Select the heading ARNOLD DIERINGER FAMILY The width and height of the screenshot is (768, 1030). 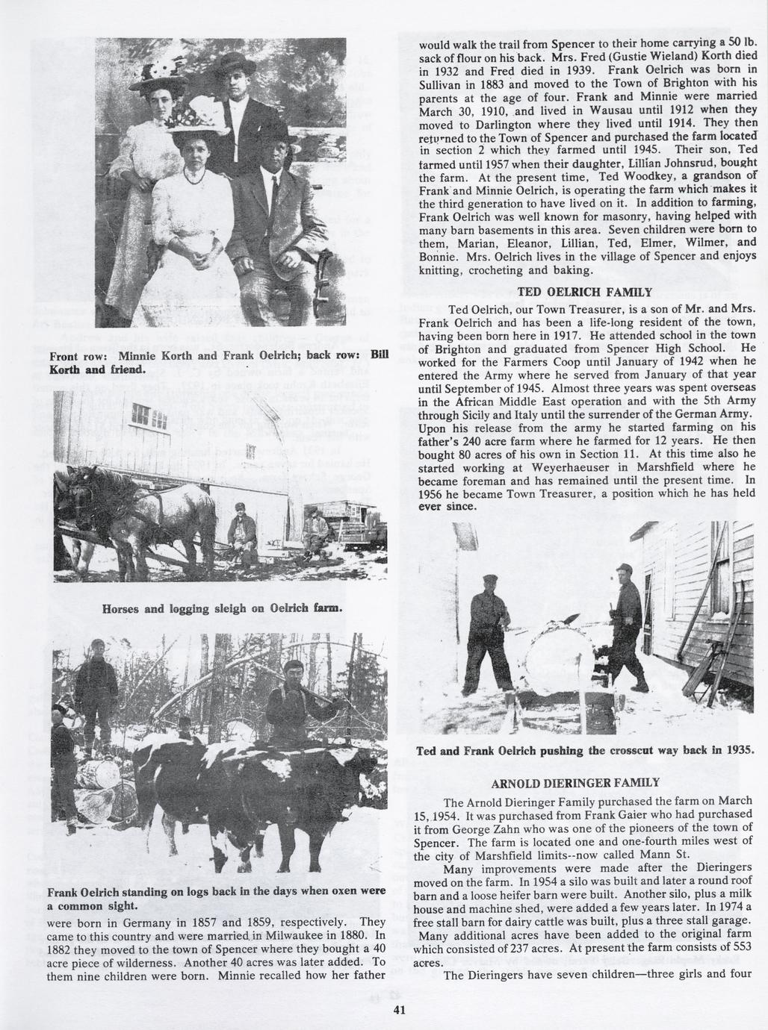click(x=575, y=783)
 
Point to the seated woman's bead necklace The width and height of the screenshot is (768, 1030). click(x=194, y=175)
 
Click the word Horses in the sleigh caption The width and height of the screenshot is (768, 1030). click(x=123, y=608)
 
